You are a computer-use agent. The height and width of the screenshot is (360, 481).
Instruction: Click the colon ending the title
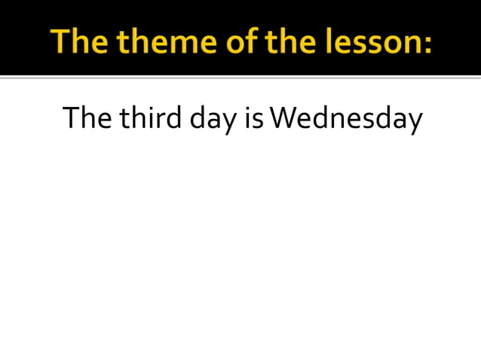pos(427,44)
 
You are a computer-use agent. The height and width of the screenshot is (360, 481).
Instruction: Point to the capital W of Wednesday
pos(282,118)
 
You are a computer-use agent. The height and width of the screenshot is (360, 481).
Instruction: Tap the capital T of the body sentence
pos(71,118)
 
